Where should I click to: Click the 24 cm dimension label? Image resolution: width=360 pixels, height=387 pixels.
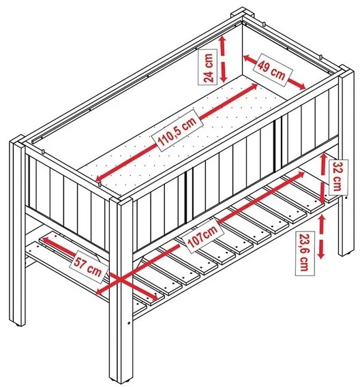coord(208,67)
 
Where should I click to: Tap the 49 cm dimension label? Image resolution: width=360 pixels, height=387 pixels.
coord(272,69)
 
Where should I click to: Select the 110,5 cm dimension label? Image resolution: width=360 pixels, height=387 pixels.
coord(177,131)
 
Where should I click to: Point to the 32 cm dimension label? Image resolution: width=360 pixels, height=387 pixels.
coord(338,177)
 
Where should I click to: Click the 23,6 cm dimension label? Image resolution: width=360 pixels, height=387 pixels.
coord(305,253)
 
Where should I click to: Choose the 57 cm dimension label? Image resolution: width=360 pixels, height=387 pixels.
coord(89,267)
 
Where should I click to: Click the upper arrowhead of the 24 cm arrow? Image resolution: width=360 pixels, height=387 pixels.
coord(222,40)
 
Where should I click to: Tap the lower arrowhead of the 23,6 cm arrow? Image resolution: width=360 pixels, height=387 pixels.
coord(321,255)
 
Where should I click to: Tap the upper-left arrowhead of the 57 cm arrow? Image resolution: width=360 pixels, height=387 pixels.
coord(44,239)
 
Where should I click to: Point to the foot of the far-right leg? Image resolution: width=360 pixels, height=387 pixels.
coord(346,253)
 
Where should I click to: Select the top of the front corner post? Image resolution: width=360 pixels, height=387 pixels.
coord(121,200)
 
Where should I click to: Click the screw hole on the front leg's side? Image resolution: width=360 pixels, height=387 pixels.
coord(129,323)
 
